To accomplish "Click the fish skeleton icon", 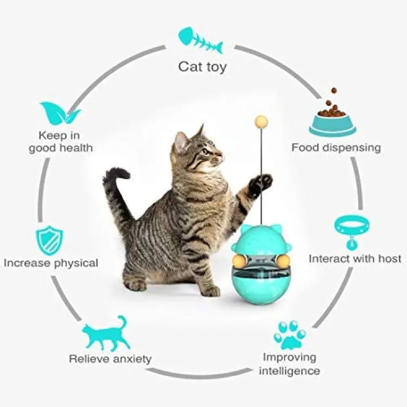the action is coord(200,40).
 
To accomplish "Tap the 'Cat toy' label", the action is coord(202,67).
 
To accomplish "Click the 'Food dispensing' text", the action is coord(336,148).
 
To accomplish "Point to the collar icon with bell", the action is coord(352,232).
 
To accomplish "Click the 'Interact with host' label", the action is coord(355,259).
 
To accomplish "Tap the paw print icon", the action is coord(290,335).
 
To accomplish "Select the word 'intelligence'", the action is coord(289,371).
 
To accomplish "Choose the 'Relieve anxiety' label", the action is coord(110,359).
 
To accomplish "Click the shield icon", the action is coord(49,240).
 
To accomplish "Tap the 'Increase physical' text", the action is coord(51,263).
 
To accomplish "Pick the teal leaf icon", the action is coord(60,113).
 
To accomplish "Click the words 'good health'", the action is coord(61,149).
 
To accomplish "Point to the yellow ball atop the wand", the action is coord(261,121).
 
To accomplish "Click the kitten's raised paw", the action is coord(260,185).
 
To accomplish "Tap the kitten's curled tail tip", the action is coord(118,174).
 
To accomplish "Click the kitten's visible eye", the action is coord(206,151).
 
